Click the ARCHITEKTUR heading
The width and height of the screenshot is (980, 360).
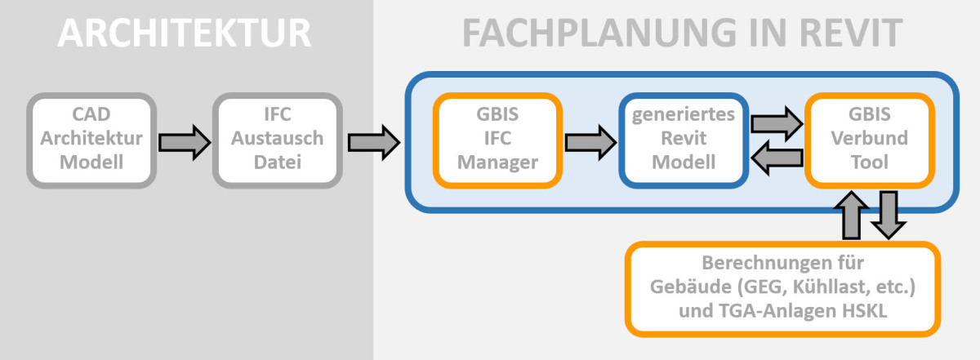coord(185,33)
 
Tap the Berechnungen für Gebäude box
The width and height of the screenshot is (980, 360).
coord(782,288)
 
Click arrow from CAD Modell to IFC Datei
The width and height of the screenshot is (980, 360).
coord(184,141)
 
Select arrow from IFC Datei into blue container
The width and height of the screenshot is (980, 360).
coord(373,141)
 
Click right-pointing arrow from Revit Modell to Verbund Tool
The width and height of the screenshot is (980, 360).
coord(776,122)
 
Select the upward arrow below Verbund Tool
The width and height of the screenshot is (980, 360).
coord(851,215)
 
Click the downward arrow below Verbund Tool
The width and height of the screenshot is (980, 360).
coord(888,215)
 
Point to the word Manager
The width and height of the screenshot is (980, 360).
coord(497,162)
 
